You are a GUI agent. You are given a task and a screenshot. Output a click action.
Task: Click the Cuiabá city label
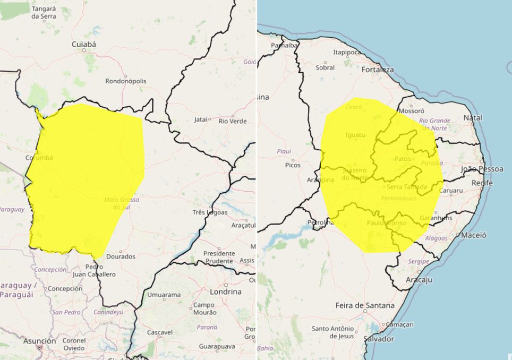[84, 45]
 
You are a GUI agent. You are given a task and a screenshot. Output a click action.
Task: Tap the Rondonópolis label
[126, 81]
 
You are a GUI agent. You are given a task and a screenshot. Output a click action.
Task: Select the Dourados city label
[121, 256]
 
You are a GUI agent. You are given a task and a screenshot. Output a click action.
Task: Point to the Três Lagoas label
[210, 212]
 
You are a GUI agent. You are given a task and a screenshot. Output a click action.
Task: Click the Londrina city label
[225, 292]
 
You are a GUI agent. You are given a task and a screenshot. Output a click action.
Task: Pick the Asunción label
[39, 341]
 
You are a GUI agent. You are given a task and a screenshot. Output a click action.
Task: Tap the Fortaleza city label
[377, 70]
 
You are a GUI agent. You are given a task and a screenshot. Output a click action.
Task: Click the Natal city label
[473, 117]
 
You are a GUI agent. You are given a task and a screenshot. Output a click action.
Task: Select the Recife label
[482, 183]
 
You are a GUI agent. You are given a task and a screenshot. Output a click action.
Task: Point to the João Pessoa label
[482, 169]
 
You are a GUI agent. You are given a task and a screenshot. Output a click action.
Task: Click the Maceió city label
[474, 235]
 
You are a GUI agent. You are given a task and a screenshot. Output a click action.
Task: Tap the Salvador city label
[379, 339]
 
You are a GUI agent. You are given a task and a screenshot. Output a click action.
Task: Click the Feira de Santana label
[365, 305]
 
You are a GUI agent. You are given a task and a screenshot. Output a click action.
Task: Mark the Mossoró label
[411, 112]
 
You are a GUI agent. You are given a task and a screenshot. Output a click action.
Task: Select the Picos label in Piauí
[293, 165]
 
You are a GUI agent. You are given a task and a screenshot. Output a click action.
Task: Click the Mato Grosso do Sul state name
[122, 203]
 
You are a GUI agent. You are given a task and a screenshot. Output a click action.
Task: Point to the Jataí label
[200, 119]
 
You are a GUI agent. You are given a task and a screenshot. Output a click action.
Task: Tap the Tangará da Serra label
[44, 13]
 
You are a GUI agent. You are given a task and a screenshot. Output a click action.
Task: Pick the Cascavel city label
[160, 332]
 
